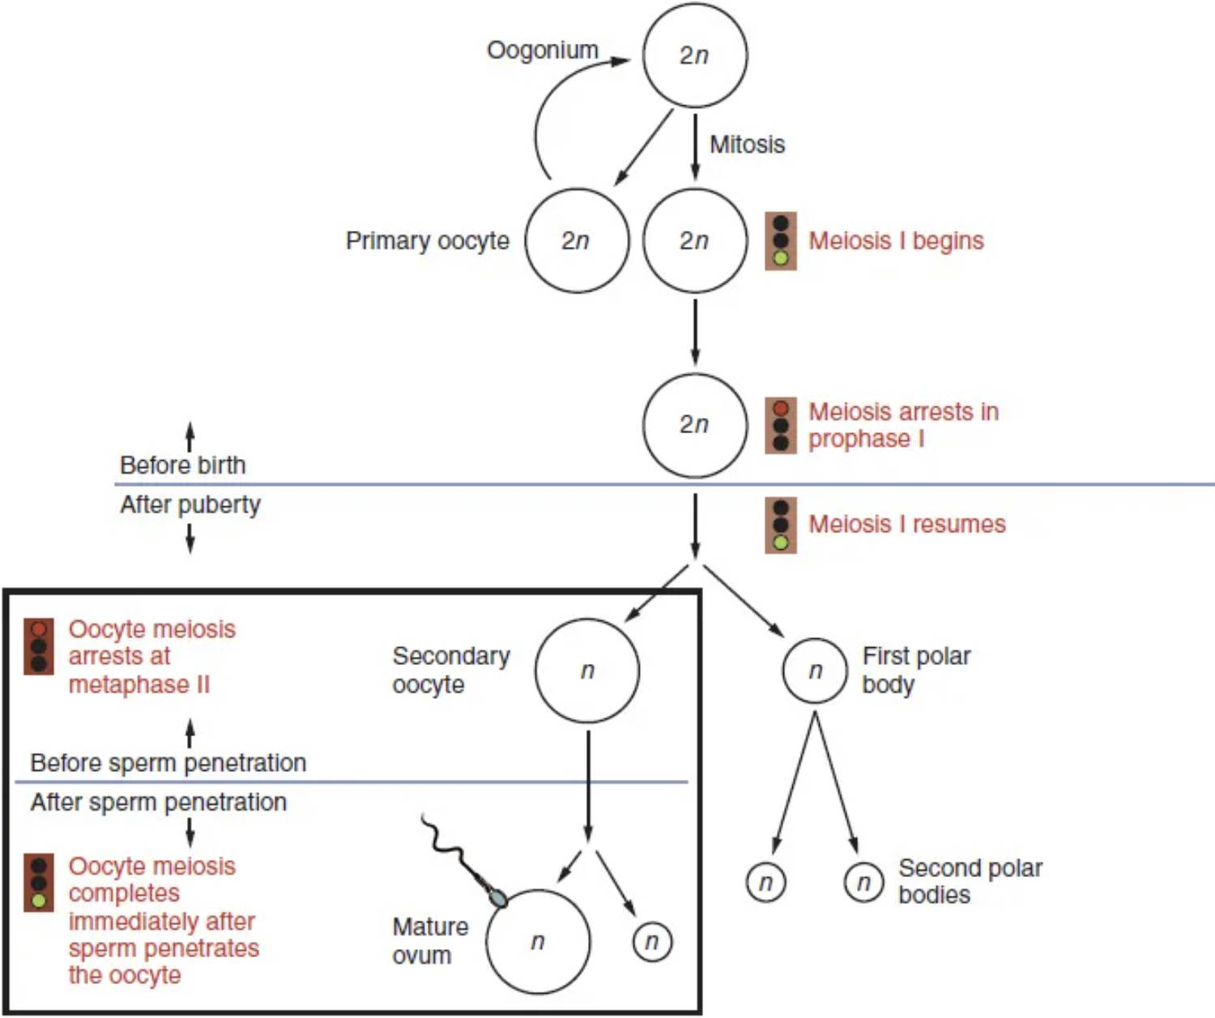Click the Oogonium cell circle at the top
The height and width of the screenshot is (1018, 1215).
(694, 55)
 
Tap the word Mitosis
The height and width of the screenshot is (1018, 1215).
(747, 144)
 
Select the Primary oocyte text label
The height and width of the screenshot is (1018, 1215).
(427, 241)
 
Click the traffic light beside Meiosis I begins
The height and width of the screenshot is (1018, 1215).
(781, 241)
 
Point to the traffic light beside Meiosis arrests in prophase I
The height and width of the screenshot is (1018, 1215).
(781, 425)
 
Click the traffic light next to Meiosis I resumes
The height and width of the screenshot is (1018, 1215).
(781, 525)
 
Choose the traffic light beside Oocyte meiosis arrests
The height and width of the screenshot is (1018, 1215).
(38, 646)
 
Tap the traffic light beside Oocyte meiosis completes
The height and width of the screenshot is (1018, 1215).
(38, 882)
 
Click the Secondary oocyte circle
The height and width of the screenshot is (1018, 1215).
(587, 671)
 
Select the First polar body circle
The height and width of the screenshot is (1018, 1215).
(815, 671)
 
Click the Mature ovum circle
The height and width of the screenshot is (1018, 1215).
(538, 941)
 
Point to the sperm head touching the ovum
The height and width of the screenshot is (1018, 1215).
(497, 897)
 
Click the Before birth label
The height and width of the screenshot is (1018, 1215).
(182, 465)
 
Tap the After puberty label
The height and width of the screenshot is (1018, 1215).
(190, 505)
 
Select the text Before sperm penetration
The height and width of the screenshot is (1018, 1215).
(168, 763)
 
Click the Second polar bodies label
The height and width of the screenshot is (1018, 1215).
(970, 881)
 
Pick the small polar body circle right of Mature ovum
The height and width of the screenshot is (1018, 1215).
(651, 942)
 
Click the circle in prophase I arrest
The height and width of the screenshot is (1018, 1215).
(694, 425)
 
